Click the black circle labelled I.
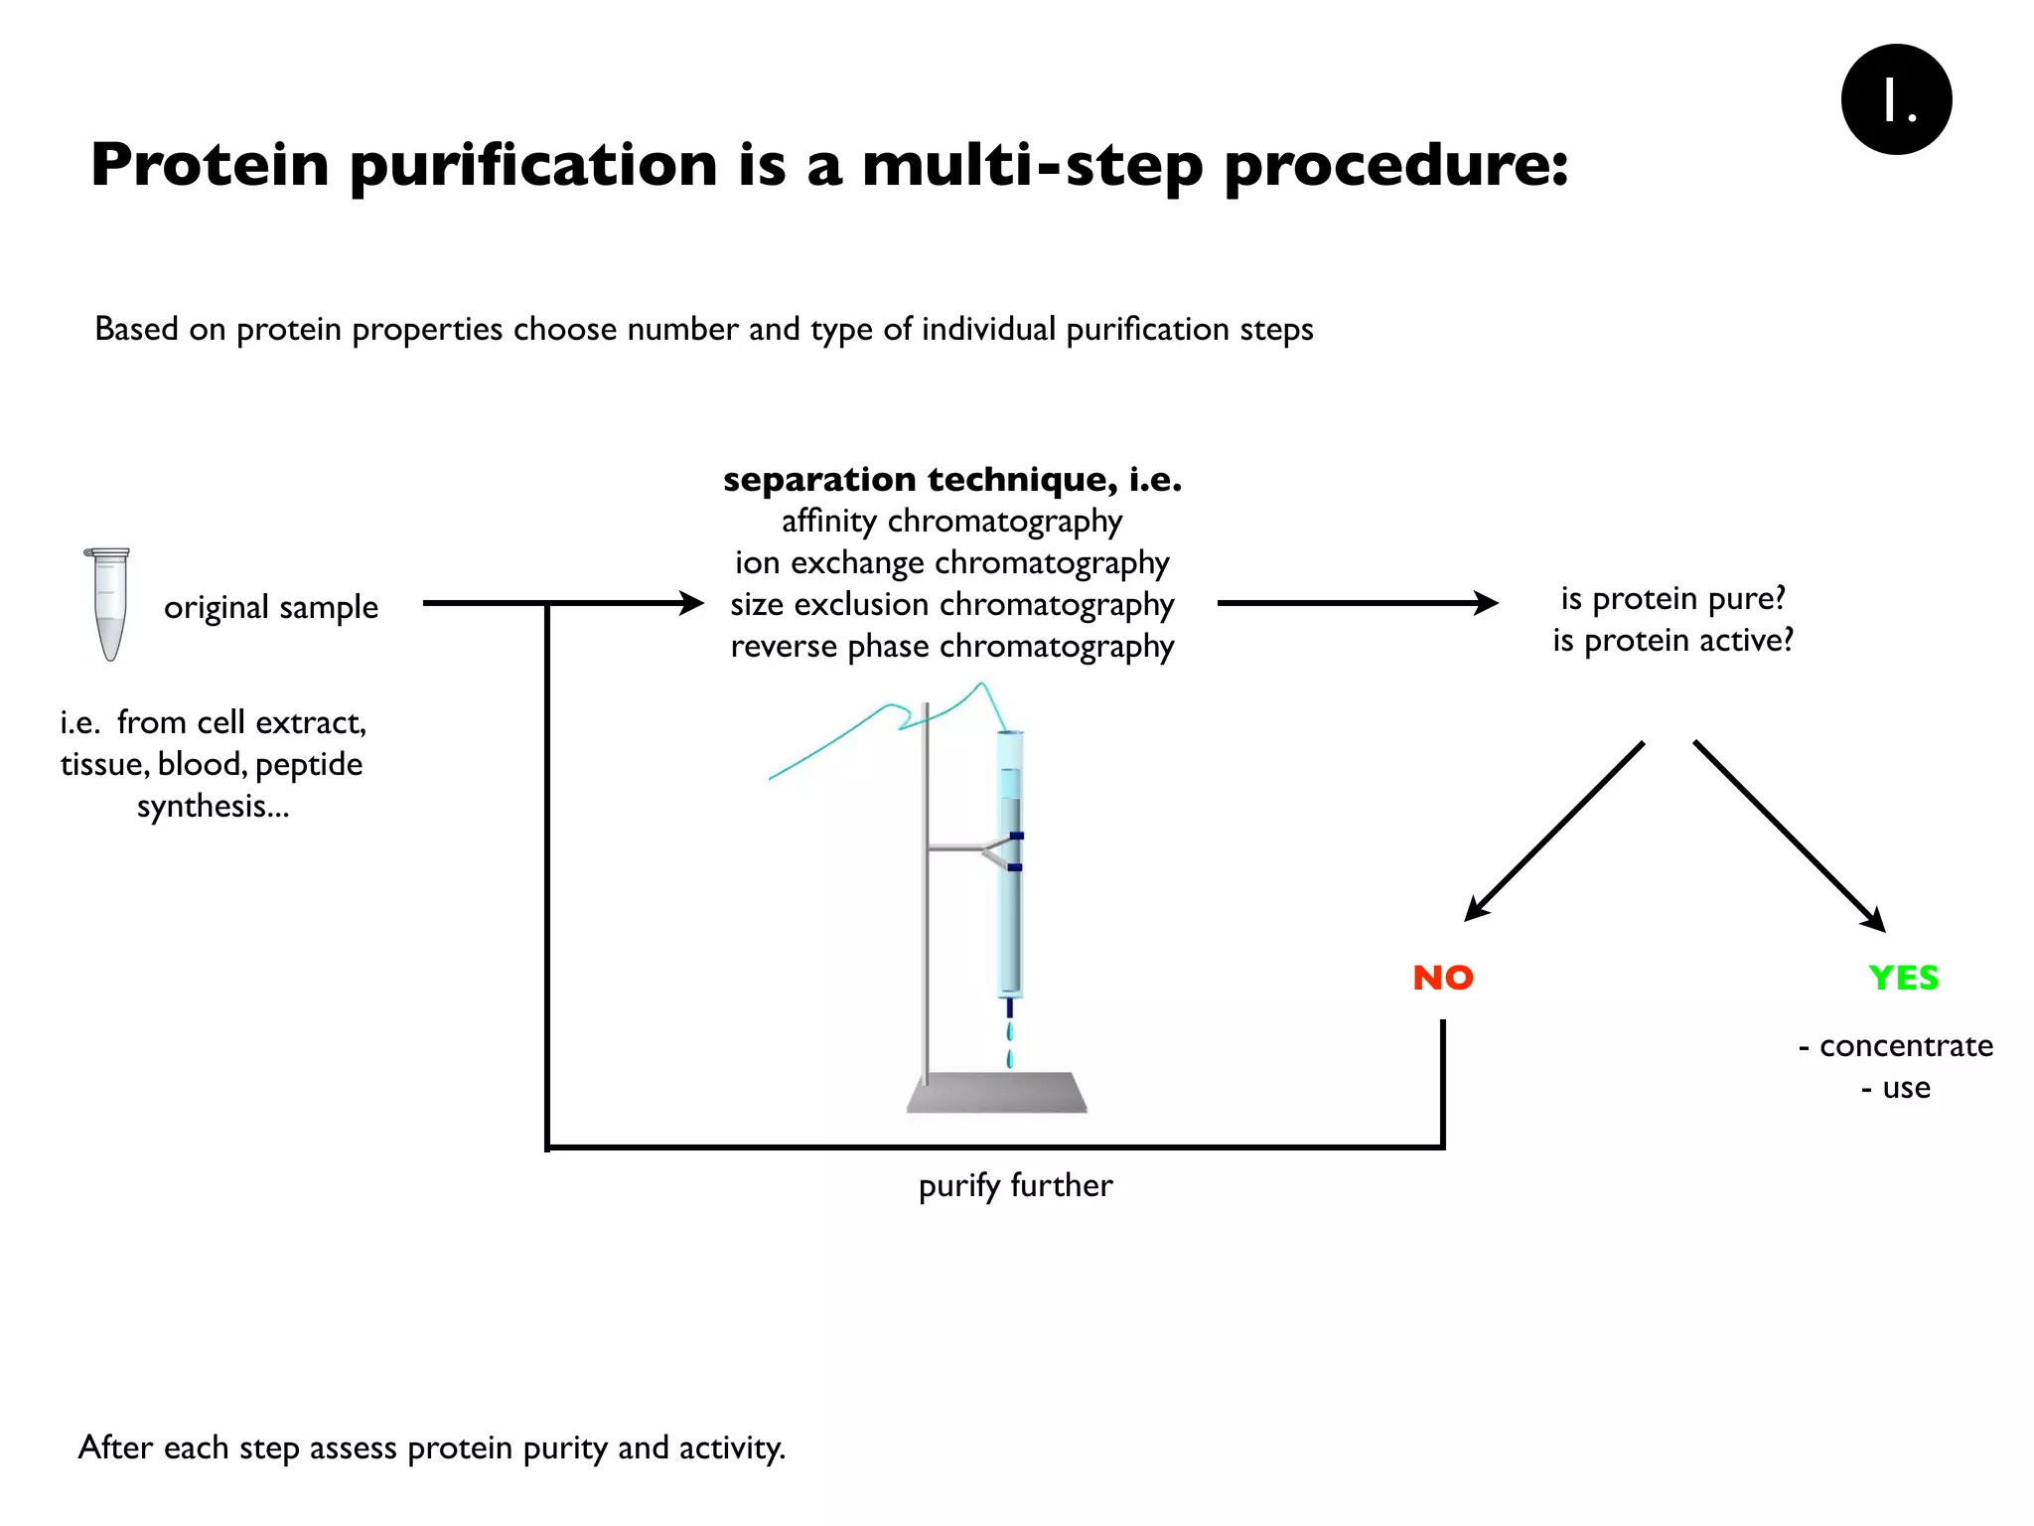(1896, 99)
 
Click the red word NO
(1443, 978)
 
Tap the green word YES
(1903, 978)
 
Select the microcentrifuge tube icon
(107, 603)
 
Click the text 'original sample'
(271, 607)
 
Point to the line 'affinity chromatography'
(951, 521)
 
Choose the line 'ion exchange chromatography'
(951, 562)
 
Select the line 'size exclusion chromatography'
(951, 604)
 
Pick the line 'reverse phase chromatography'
(951, 646)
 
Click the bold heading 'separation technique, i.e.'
(951, 479)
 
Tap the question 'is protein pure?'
(1673, 598)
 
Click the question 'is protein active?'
(1673, 640)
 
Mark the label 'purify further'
(1015, 1185)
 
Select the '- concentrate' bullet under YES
(1896, 1045)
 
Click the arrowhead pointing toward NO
(1477, 908)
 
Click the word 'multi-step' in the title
(1032, 165)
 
